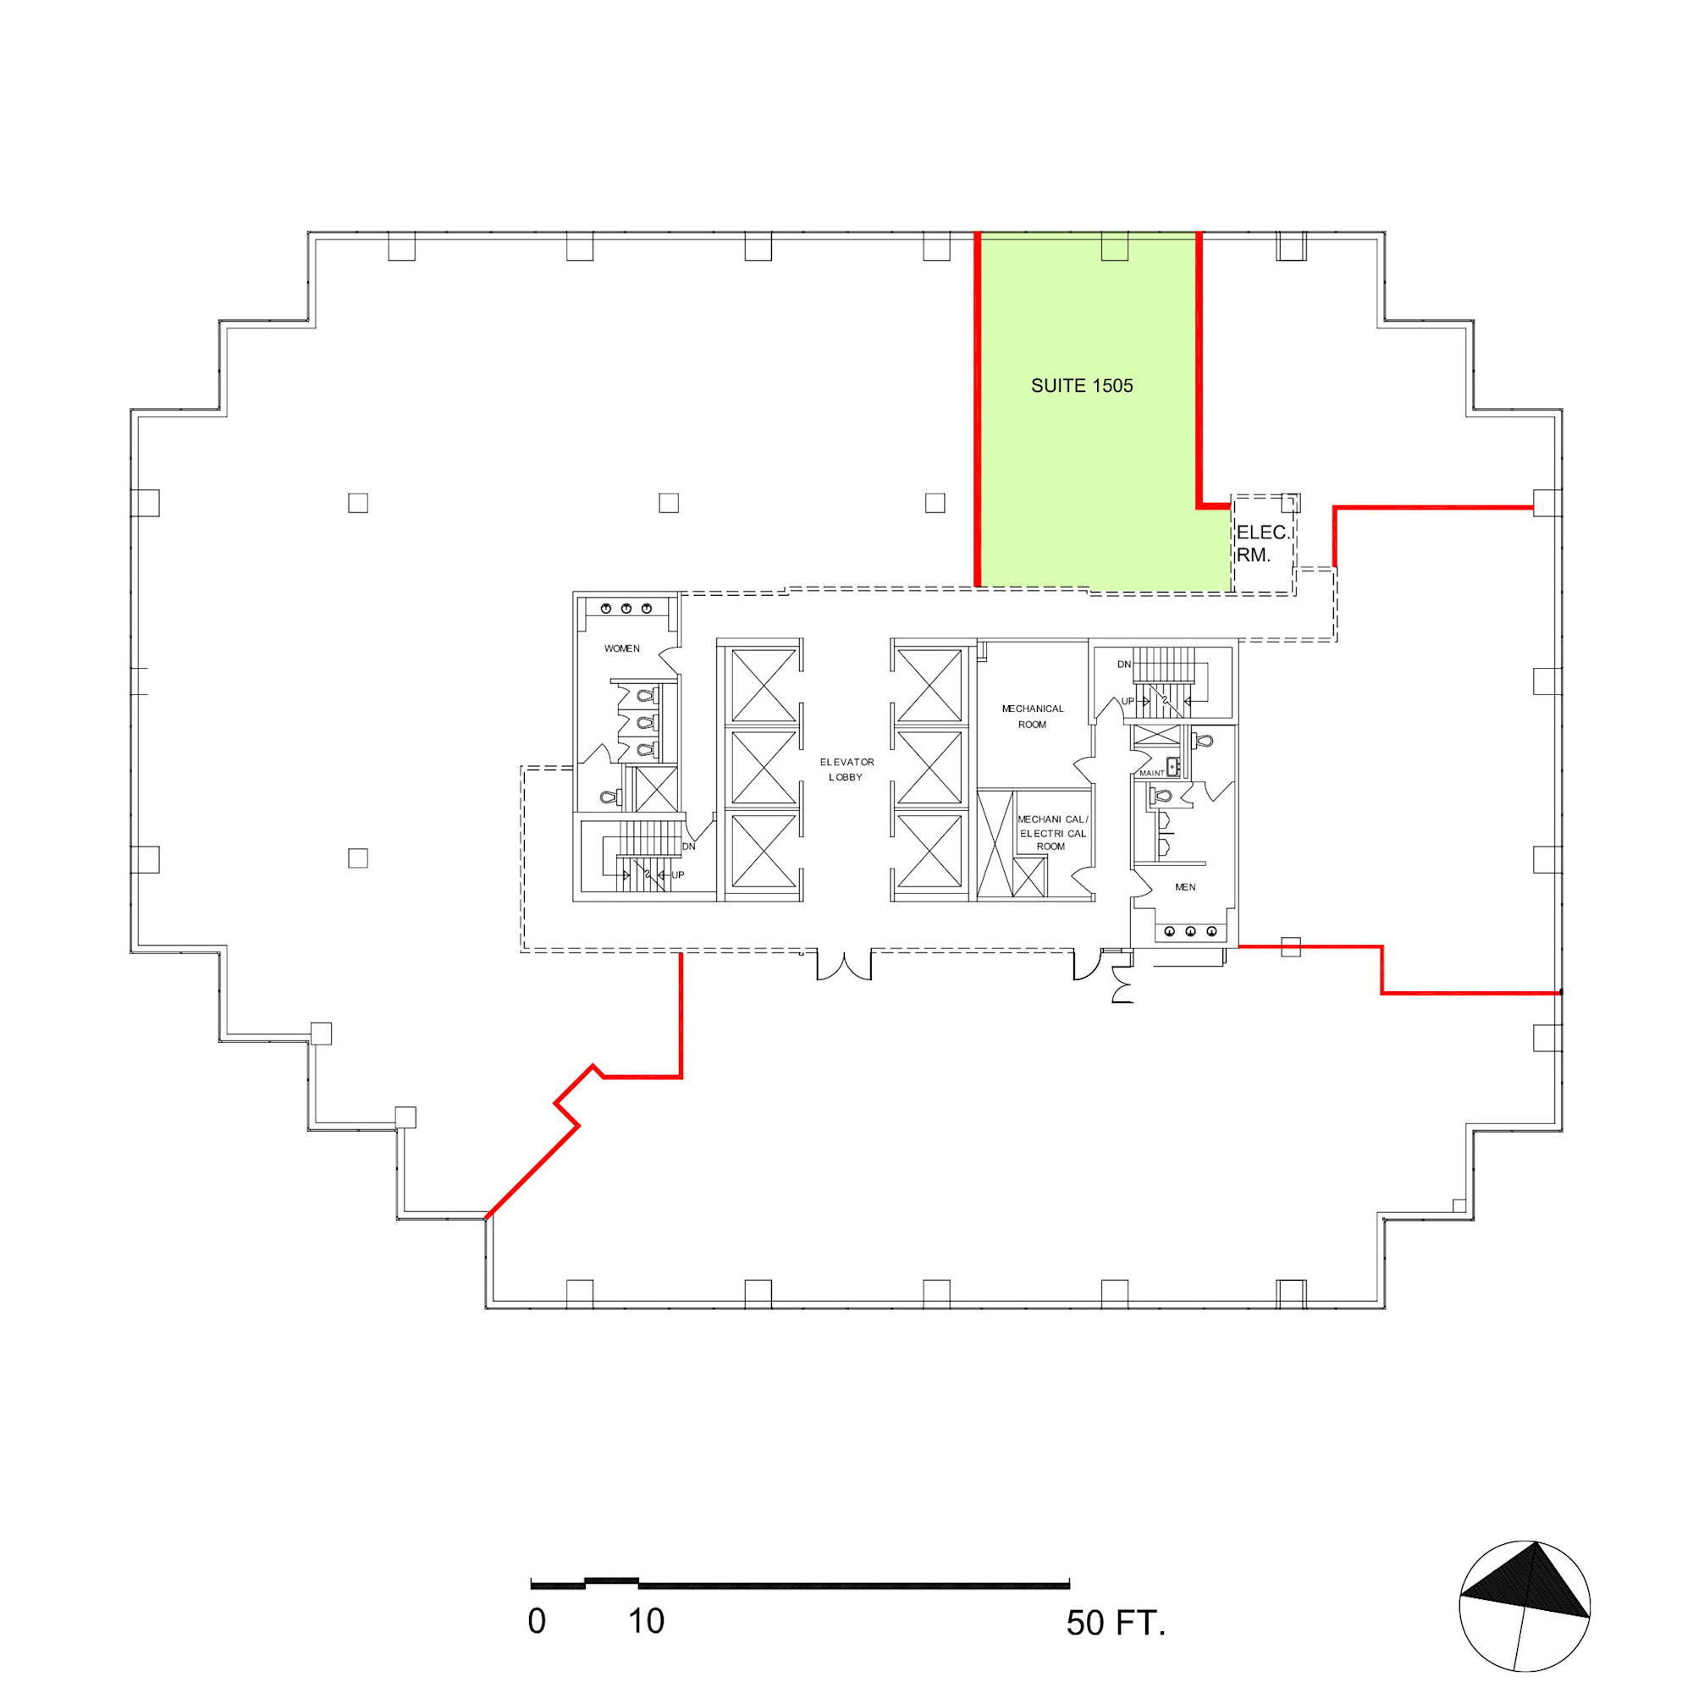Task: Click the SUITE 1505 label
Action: tap(1081, 385)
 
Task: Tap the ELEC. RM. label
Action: tap(1263, 543)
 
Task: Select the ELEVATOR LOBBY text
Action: tap(846, 769)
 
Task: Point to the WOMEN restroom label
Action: tap(622, 648)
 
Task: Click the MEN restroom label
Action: tap(1185, 887)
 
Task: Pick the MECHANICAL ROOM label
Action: tap(1032, 716)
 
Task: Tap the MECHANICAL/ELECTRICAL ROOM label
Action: tap(1052, 832)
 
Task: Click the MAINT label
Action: tap(1151, 773)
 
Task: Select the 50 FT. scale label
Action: tap(1116, 1623)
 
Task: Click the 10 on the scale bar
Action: tap(646, 1621)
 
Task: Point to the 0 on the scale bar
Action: tap(538, 1621)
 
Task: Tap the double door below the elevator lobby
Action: tap(844, 965)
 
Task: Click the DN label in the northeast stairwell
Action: tap(1123, 665)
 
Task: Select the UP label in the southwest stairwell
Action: tap(677, 874)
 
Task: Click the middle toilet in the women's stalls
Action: tap(645, 722)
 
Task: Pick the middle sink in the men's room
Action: tap(1190, 931)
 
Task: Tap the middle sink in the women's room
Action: tap(626, 608)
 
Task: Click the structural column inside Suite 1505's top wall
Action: tap(1114, 248)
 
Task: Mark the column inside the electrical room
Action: tap(1289, 502)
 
